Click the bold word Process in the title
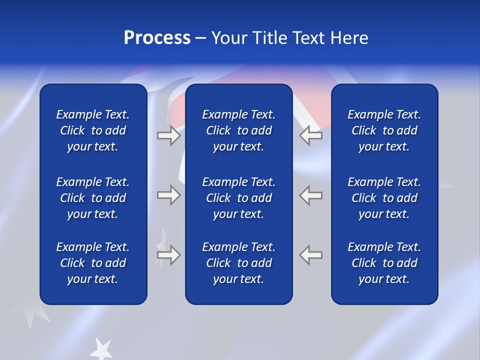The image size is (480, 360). (157, 38)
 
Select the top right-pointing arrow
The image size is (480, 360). (168, 135)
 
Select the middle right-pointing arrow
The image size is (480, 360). (168, 195)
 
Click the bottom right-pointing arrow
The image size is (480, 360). (168, 255)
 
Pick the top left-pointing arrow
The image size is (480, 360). (311, 135)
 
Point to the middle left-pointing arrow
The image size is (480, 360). (311, 195)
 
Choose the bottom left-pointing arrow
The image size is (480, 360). (311, 255)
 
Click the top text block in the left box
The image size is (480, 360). (93, 130)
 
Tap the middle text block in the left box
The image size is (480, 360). (93, 198)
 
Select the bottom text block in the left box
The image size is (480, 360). (93, 263)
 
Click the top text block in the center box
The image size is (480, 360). (239, 130)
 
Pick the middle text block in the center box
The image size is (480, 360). (239, 198)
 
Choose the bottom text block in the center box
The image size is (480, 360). (239, 263)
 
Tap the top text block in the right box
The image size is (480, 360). (384, 130)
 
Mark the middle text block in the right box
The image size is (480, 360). (384, 198)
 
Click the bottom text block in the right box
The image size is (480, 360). (384, 263)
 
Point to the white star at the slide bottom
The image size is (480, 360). (102, 349)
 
